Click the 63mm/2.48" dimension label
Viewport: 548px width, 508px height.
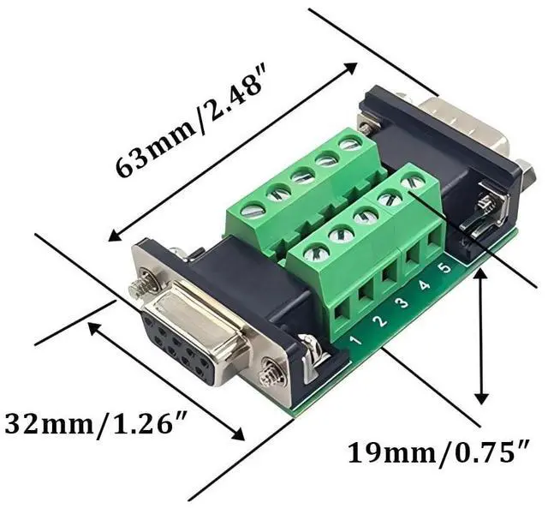tap(192, 122)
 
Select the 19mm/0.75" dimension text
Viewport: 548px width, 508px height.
tap(438, 453)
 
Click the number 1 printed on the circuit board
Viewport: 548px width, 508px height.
tap(356, 340)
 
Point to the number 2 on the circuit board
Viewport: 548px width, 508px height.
tap(381, 320)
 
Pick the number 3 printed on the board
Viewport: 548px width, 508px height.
tap(403, 302)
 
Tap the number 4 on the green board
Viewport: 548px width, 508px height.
tap(425, 285)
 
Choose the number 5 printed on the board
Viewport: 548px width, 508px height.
tap(444, 268)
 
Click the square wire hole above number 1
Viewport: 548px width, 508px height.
tap(342, 309)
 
